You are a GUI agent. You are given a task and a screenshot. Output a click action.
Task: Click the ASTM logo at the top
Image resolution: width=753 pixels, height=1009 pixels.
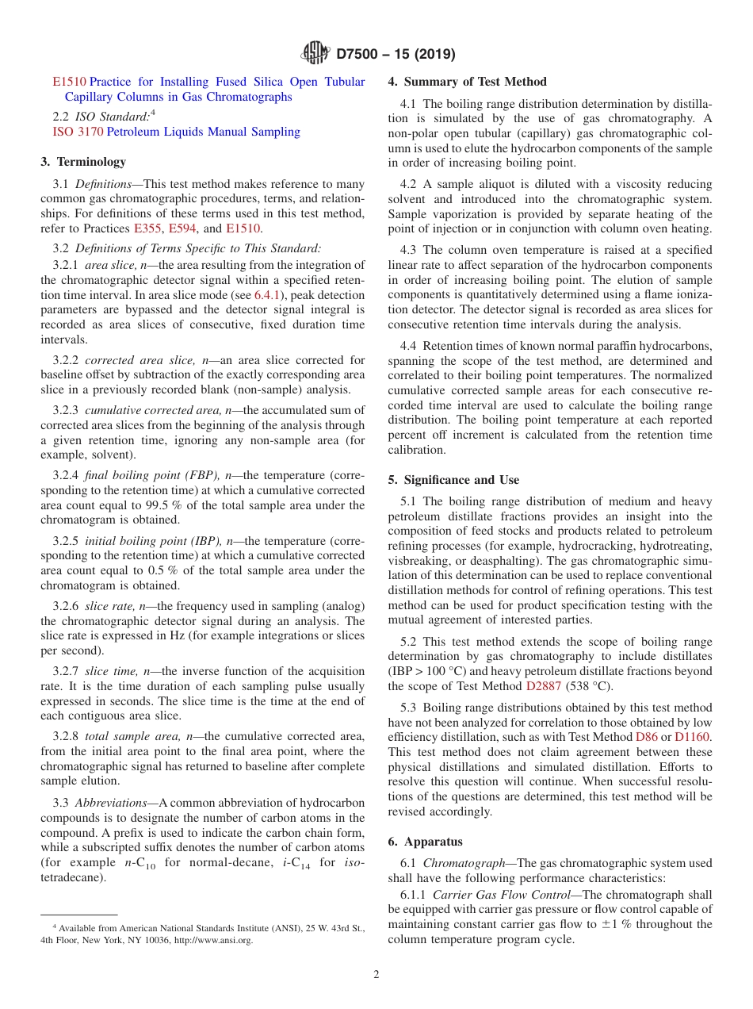(316, 54)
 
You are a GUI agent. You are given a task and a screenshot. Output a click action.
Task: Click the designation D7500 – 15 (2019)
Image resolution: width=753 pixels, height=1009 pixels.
(396, 55)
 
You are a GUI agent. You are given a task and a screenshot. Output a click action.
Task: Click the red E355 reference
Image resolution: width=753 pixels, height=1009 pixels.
(147, 228)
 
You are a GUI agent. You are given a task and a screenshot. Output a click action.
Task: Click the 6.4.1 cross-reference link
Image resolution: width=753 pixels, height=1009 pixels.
(267, 295)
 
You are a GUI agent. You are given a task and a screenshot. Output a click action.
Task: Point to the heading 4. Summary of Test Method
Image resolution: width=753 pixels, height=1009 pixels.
(467, 82)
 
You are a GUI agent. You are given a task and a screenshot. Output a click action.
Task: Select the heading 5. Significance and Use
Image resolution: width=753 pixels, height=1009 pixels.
(453, 480)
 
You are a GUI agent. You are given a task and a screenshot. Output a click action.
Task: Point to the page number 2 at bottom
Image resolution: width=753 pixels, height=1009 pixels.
(376, 975)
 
